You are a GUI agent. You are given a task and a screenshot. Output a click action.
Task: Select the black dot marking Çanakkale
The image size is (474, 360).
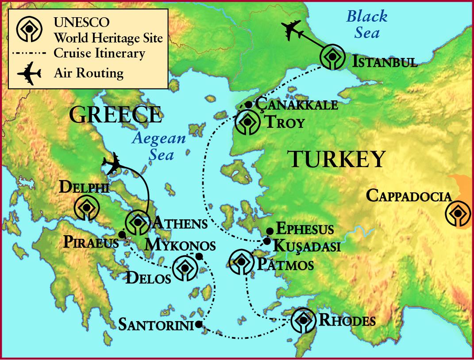point(248,105)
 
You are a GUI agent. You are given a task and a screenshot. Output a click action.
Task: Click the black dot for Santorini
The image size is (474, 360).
point(198,325)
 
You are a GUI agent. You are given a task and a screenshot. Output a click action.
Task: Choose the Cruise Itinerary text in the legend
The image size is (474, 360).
point(99,54)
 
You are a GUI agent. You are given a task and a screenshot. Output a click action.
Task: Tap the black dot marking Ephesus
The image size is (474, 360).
point(270,231)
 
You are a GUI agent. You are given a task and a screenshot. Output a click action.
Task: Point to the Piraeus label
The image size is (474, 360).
point(91,242)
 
